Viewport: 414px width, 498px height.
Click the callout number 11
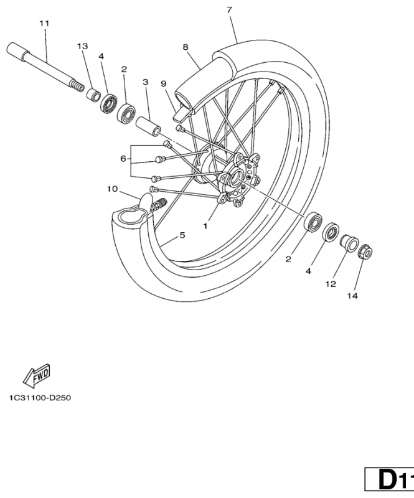[x=44, y=24]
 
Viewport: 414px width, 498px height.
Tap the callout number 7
[x=230, y=11]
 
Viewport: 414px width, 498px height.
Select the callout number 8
[x=186, y=47]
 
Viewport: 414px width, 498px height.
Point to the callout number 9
[x=163, y=83]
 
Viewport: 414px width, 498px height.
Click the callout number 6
[x=123, y=159]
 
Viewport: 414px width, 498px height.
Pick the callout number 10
[x=112, y=188]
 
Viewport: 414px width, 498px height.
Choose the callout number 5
[x=182, y=235]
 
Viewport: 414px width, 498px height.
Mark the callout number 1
[x=205, y=227]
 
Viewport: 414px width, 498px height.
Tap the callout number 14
[x=352, y=296]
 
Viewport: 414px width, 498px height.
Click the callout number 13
[x=82, y=47]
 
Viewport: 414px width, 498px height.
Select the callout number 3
[x=145, y=82]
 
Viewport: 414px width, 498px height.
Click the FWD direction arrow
[x=37, y=375]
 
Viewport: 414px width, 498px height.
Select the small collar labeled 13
[x=93, y=95]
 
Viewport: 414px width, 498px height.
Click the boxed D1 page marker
[x=390, y=481]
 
